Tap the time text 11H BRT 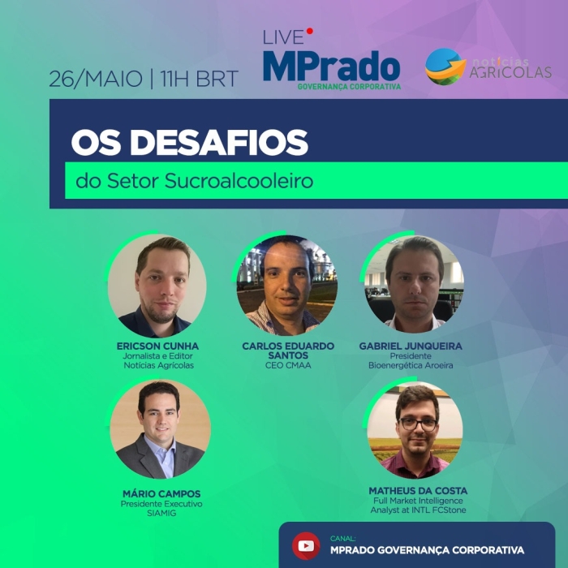click(x=199, y=80)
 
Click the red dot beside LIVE click(x=310, y=32)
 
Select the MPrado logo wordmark click(x=331, y=66)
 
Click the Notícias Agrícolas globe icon click(x=445, y=67)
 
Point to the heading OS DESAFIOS click(x=189, y=143)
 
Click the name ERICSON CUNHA click(x=157, y=346)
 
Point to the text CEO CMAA click(x=288, y=366)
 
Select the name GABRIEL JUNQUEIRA click(x=411, y=346)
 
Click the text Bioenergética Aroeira click(x=411, y=366)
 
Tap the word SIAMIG click(x=161, y=514)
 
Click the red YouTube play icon click(x=306, y=545)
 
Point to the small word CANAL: click(x=343, y=537)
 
